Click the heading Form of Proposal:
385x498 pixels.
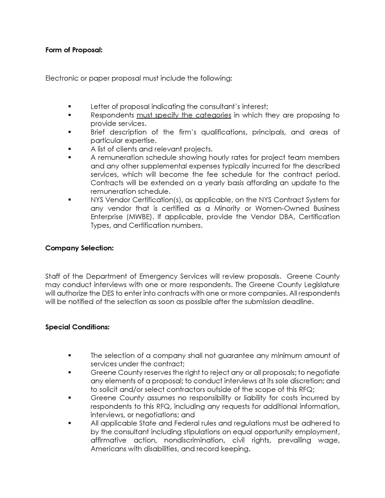coord(74,50)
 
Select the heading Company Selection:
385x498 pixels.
coord(79,248)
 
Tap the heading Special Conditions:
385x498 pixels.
coord(77,327)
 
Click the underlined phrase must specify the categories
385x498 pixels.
coord(184,115)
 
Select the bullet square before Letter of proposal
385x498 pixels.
coord(70,106)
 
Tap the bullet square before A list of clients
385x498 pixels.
coord(70,149)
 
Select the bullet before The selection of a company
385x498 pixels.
coord(70,355)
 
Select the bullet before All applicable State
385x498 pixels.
coord(70,423)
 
